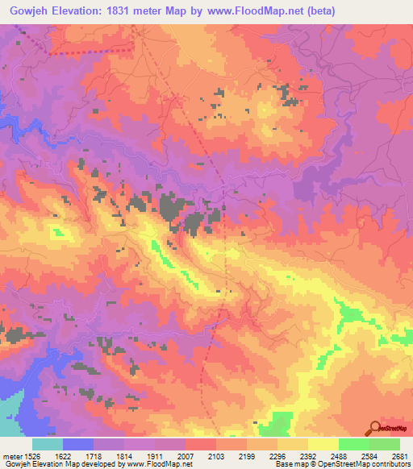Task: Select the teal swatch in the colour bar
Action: (48, 444)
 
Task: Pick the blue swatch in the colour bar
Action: (78, 444)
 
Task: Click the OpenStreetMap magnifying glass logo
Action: (377, 428)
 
